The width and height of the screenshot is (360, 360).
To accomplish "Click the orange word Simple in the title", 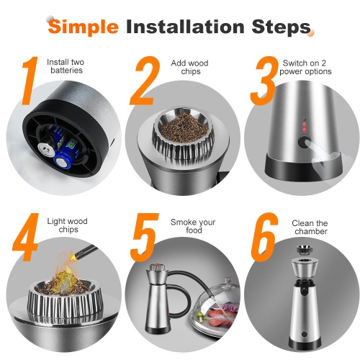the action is click(84, 27).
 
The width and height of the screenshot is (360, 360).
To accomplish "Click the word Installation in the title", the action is click(185, 26).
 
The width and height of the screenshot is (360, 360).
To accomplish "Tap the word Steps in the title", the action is click(282, 27).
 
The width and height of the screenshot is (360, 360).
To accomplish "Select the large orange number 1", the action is click(30, 81).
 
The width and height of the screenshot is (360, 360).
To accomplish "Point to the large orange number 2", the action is click(145, 81).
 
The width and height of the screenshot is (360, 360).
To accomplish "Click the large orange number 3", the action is click(264, 81).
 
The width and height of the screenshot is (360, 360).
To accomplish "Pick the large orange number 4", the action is click(26, 237).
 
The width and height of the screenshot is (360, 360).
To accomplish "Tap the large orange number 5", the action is click(144, 237).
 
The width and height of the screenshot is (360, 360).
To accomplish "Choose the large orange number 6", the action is click(264, 237).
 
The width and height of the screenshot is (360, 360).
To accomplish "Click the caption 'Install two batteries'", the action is click(66, 66).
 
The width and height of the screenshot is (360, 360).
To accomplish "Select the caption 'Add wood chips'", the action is click(189, 67).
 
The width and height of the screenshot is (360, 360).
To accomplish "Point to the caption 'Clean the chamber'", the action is click(310, 228).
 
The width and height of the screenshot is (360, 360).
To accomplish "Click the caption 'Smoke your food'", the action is click(193, 226).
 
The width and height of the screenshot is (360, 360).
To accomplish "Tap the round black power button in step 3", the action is click(305, 142).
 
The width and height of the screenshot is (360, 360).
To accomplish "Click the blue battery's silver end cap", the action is click(62, 163).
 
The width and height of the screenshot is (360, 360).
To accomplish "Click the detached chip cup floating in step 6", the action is click(304, 250).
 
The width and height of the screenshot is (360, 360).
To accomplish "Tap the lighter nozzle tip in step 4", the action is click(73, 257).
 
